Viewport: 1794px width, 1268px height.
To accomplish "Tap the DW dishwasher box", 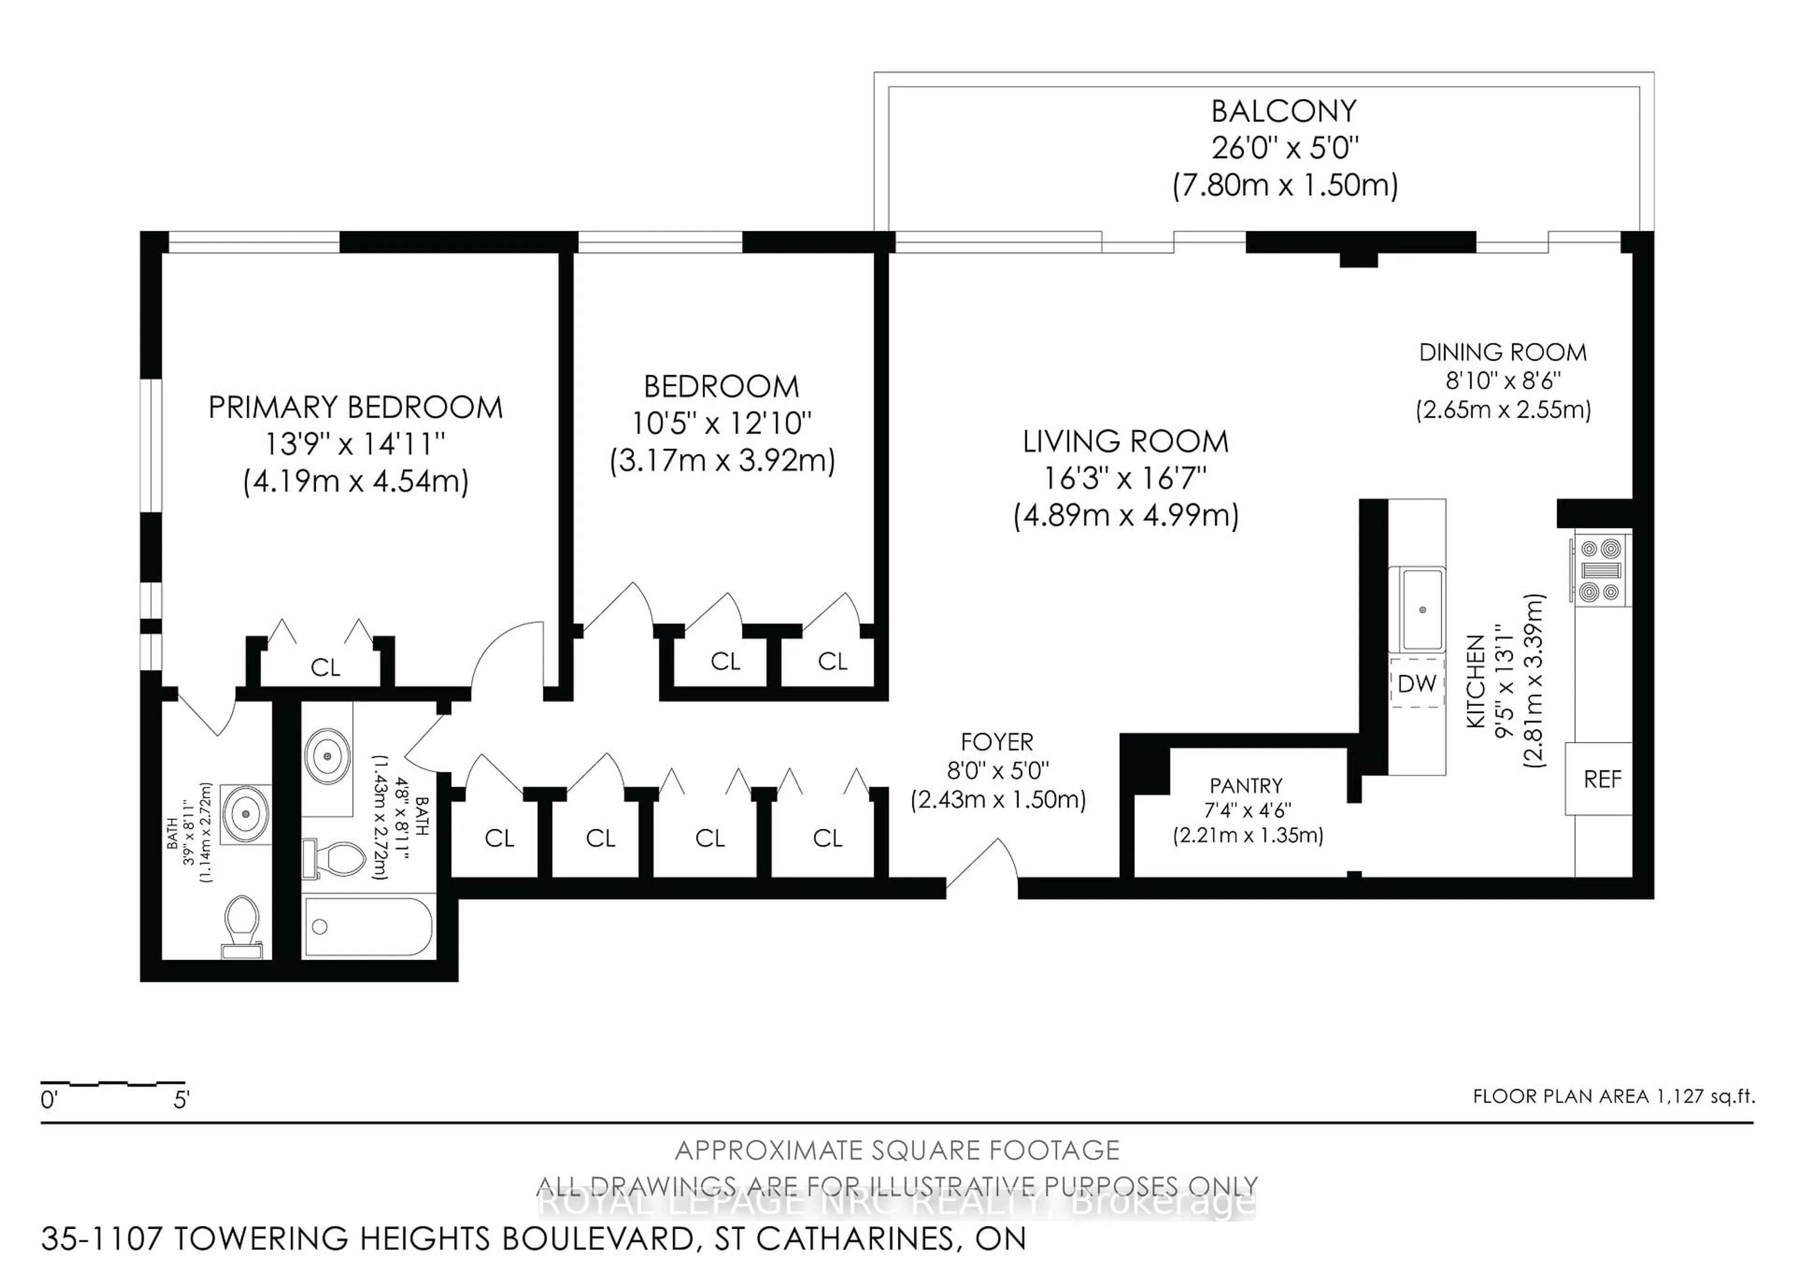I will (x=1416, y=684).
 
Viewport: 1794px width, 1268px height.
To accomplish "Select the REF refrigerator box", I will (x=1602, y=779).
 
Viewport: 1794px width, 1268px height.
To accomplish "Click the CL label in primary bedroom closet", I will (x=325, y=667).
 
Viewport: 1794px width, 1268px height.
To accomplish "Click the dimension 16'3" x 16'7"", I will (x=1125, y=478).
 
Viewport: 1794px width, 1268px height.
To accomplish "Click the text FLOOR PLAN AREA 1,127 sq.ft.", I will (x=1614, y=1096).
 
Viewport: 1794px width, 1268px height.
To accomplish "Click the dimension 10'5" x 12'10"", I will (x=721, y=423).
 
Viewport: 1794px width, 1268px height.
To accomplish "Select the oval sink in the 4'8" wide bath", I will (x=327, y=755).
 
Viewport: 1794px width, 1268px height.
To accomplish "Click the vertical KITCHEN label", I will (x=1474, y=681).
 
